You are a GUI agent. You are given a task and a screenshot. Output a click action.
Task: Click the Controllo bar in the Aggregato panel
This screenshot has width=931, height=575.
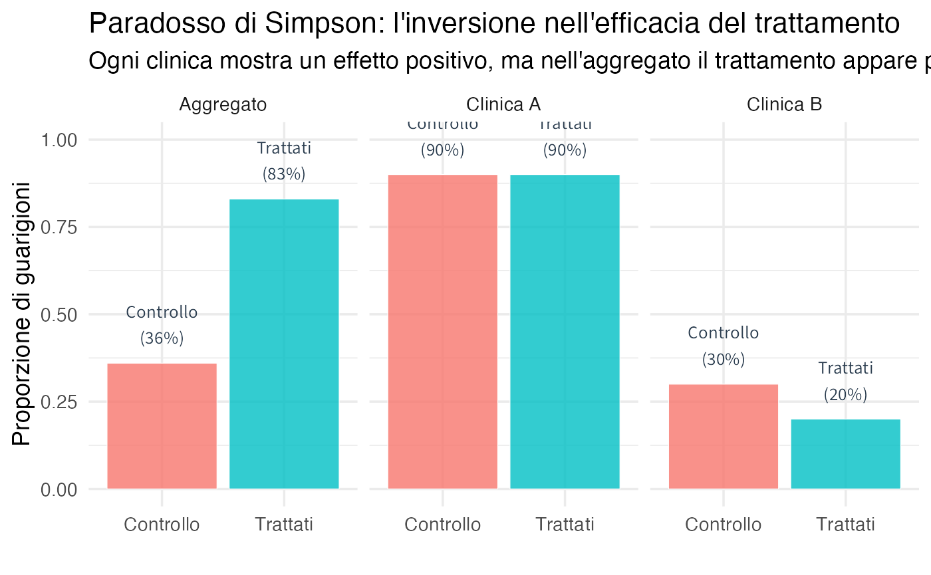tap(162, 426)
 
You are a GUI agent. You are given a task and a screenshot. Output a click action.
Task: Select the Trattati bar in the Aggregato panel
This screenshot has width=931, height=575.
tap(284, 344)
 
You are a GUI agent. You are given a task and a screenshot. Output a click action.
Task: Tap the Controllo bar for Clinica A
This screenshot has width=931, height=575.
tap(442, 332)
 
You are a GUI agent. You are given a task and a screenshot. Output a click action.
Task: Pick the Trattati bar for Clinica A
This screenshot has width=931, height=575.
tap(565, 332)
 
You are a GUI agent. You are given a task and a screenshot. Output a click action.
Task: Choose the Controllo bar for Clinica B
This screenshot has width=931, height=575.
tap(723, 436)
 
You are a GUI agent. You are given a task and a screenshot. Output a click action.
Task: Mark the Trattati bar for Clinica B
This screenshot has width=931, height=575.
tap(845, 454)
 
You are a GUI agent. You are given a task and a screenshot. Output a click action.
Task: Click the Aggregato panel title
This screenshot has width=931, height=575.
tap(223, 104)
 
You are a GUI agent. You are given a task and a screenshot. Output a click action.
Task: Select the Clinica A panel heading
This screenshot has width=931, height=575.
tap(503, 104)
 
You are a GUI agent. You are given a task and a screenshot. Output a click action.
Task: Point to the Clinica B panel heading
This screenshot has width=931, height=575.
tap(785, 104)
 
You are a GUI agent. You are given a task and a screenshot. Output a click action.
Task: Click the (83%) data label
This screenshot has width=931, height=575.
tap(284, 174)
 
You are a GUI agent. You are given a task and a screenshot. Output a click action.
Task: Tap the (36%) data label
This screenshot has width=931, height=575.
tap(162, 338)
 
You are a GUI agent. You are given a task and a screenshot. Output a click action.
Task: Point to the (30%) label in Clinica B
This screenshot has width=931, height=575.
tap(723, 360)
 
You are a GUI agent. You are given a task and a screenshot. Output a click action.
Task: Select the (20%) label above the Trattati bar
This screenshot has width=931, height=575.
tap(845, 395)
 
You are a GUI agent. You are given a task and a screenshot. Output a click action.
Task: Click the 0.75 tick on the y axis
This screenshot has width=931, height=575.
tap(59, 227)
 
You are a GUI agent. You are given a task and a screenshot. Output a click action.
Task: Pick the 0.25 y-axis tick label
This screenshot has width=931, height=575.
tap(59, 402)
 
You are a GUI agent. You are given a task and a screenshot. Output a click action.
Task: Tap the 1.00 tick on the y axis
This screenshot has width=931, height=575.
tap(59, 140)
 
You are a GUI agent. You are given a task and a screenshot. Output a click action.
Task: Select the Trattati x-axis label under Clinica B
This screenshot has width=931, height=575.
tap(845, 524)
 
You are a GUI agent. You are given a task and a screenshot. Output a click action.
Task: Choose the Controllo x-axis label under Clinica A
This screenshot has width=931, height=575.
tap(442, 524)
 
